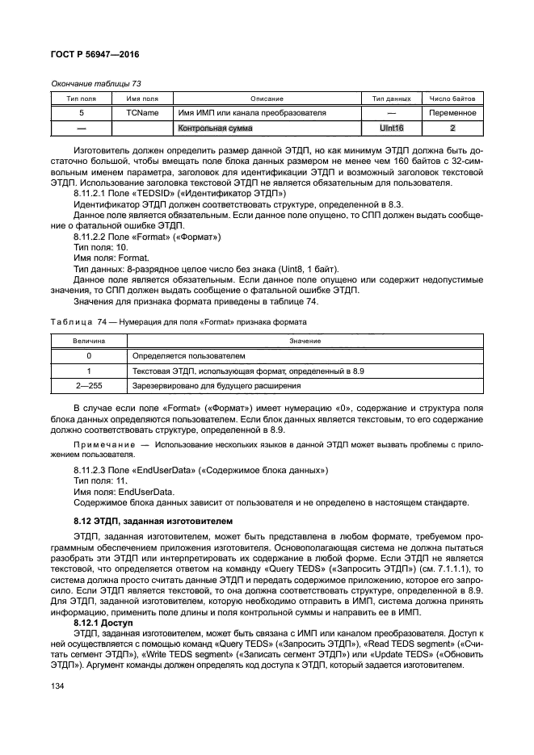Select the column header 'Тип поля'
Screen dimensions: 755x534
click(81, 98)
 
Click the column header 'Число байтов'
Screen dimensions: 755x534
click(452, 98)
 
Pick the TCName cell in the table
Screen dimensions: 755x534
click(142, 112)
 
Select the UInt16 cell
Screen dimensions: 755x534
click(392, 128)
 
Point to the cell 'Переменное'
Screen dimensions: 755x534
click(452, 112)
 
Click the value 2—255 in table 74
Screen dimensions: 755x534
click(88, 385)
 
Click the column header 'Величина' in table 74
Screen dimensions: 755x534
click(88, 341)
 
